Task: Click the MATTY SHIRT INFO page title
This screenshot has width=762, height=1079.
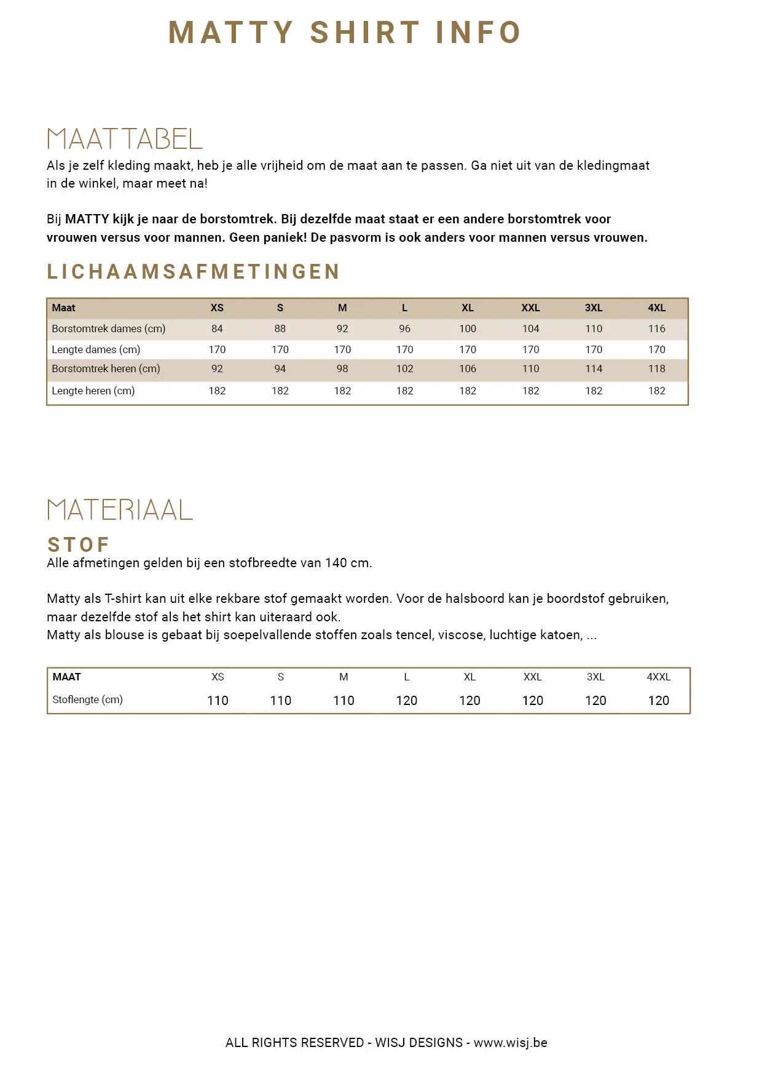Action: pos(345,33)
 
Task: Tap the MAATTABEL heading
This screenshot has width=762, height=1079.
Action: pos(125,139)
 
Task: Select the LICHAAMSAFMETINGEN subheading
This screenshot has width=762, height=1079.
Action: pos(194,271)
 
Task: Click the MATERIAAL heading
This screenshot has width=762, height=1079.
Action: pos(120,510)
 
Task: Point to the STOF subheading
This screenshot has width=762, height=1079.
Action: pos(79,544)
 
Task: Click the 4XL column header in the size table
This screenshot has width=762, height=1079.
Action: pos(656,308)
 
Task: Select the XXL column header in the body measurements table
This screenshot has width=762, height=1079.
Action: pos(530,308)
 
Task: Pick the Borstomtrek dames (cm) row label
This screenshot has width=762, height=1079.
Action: pos(108,328)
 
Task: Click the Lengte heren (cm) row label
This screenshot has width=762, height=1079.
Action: pos(93,391)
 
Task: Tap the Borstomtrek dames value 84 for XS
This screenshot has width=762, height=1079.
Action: pos(217,328)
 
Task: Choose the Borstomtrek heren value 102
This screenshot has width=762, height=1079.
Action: pos(404,368)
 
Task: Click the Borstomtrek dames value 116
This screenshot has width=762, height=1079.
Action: pos(656,328)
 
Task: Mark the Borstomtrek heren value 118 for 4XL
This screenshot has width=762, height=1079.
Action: pos(656,368)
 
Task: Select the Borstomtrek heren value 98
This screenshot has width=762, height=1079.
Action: pos(342,368)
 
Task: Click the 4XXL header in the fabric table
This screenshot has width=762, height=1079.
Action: pos(658,677)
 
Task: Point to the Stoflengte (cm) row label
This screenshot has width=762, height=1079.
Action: pos(87,699)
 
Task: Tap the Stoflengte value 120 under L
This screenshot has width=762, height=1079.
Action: pos(406,700)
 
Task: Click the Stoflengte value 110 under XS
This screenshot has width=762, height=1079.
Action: pos(218,700)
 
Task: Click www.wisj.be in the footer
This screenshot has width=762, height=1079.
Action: pos(510,1042)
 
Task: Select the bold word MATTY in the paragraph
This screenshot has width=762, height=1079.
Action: pos(87,219)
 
